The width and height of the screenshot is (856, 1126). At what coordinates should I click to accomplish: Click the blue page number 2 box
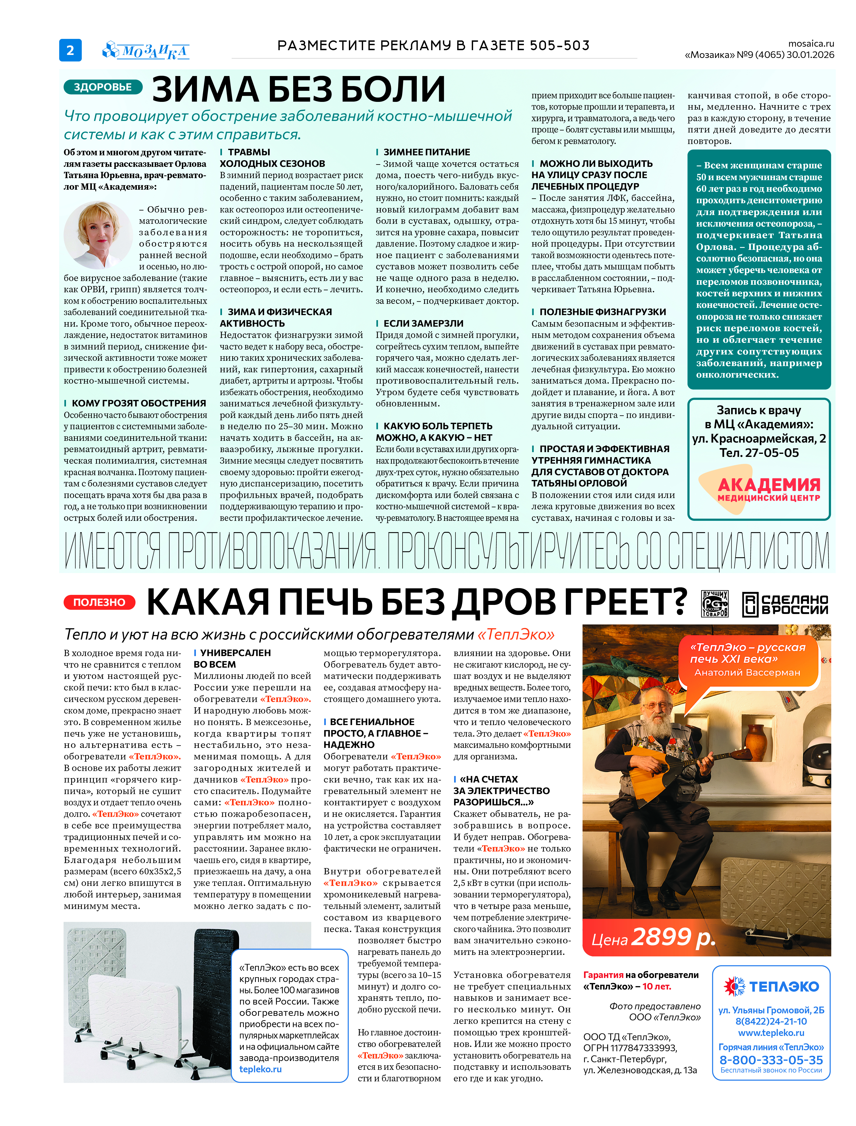[70, 50]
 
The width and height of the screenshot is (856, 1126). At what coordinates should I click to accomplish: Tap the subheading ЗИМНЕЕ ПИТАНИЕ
[426, 152]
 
